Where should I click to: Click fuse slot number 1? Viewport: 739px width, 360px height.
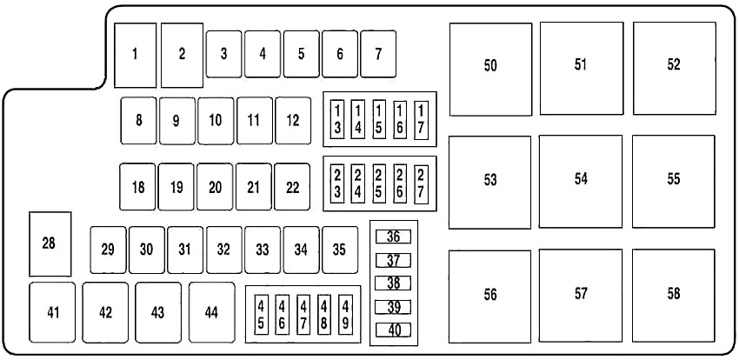click(136, 55)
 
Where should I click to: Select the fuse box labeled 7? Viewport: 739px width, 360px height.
click(378, 54)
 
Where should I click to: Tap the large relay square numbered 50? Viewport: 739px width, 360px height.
click(490, 70)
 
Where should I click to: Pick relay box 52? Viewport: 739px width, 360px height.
click(675, 69)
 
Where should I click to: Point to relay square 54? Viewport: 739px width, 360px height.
click(581, 182)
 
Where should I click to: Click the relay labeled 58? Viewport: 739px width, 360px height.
click(674, 296)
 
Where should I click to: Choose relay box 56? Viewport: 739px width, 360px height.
click(489, 297)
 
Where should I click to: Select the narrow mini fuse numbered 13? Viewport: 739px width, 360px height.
click(337, 120)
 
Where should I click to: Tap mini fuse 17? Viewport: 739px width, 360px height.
click(421, 120)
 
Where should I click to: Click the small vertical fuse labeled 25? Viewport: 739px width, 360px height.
click(379, 184)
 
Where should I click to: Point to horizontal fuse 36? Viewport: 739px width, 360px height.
click(393, 237)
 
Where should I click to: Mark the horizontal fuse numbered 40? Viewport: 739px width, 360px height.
click(393, 330)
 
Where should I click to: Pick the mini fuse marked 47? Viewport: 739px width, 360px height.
click(304, 315)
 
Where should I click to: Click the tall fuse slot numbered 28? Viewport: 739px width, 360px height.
click(50, 244)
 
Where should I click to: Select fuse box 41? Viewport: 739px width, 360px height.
click(52, 312)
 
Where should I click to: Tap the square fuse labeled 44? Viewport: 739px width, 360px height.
click(212, 312)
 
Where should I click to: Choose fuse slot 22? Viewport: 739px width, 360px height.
click(292, 187)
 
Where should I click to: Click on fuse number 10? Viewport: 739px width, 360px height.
click(216, 121)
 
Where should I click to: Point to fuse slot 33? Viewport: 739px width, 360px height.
click(263, 250)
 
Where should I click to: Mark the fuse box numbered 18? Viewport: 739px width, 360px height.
click(137, 187)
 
